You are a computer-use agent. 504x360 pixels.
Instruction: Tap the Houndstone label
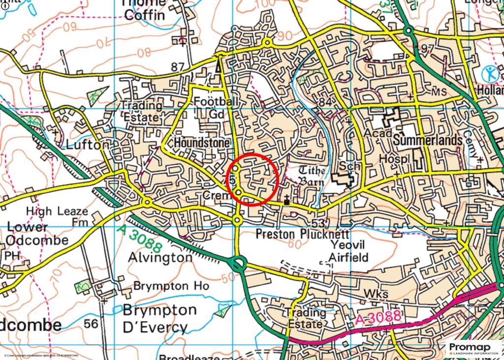coord(202,143)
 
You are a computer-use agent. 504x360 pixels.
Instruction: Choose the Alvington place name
coord(160,257)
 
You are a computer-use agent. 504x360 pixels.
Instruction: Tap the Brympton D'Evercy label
coord(155,319)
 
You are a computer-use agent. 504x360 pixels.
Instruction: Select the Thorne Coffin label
coord(144,10)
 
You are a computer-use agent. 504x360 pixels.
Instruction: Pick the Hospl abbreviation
coord(395,160)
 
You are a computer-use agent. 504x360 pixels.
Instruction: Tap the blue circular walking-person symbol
coord(490,74)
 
